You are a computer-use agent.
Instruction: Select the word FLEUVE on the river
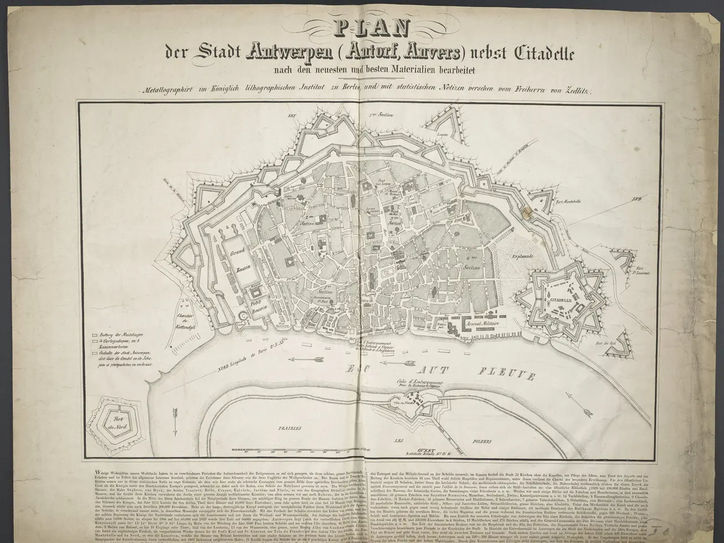pyautogui.click(x=516, y=373)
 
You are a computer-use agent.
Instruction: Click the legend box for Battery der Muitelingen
pyautogui.click(x=94, y=334)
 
